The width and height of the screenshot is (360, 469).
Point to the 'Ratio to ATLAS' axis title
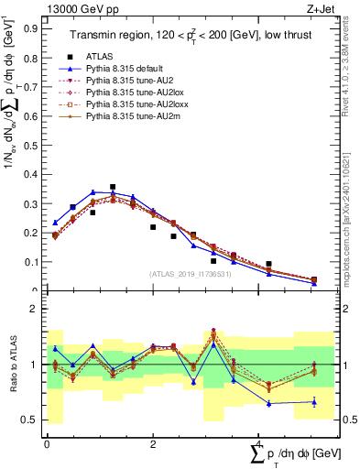[x=13, y=365]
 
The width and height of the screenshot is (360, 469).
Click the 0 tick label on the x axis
[x=47, y=444]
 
